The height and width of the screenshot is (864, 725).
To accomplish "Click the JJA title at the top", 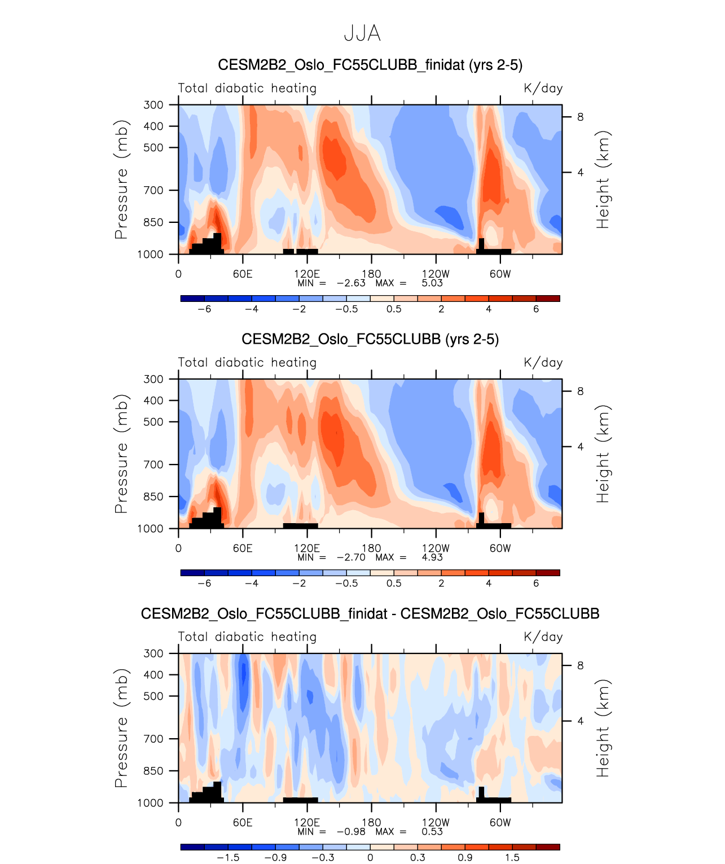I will pyautogui.click(x=362, y=34).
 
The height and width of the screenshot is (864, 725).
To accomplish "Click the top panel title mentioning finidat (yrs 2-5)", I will pyautogui.click(x=370, y=65).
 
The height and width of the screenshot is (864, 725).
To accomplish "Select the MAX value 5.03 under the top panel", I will pyautogui.click(x=432, y=283).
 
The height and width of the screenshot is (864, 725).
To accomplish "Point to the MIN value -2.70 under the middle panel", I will pyautogui.click(x=351, y=558).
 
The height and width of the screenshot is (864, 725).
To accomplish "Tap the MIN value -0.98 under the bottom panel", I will pyautogui.click(x=351, y=832).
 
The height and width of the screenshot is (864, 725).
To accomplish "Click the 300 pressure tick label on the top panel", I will pyautogui.click(x=153, y=105).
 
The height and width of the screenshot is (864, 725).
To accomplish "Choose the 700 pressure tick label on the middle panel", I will pyautogui.click(x=153, y=465).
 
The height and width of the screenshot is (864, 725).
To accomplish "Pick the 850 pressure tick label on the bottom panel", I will pyautogui.click(x=153, y=771).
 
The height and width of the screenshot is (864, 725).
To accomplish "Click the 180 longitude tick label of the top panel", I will pyautogui.click(x=371, y=274).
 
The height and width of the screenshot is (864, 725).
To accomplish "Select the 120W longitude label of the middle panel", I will pyautogui.click(x=436, y=549).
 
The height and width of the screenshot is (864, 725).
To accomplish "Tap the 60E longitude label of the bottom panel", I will pyautogui.click(x=243, y=823).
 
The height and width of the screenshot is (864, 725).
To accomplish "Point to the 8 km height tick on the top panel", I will pyautogui.click(x=580, y=117).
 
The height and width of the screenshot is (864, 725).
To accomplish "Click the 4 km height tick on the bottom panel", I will pyautogui.click(x=580, y=721).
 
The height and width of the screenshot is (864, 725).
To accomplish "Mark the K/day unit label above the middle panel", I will pyautogui.click(x=543, y=363).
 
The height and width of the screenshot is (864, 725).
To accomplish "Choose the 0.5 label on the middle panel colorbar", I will pyautogui.click(x=394, y=584).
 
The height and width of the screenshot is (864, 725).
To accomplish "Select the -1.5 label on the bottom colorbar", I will pyautogui.click(x=228, y=858).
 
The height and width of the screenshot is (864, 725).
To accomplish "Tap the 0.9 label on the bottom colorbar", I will pyautogui.click(x=465, y=858).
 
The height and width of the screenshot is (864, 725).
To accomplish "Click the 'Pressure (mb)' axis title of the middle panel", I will pyautogui.click(x=121, y=454).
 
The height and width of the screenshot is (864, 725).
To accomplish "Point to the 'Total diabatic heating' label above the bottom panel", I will pyautogui.click(x=247, y=637).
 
